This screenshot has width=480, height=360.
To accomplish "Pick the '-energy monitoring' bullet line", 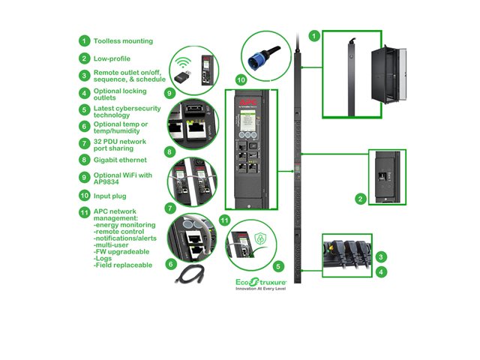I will (x=124, y=224).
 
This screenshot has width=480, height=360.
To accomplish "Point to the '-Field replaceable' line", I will (x=123, y=265).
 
